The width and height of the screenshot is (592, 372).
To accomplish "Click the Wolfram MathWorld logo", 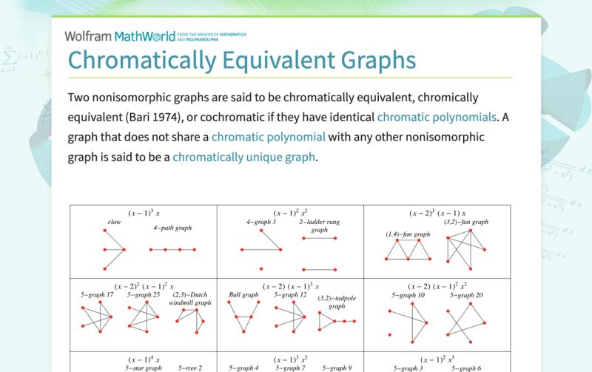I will [x=120, y=35].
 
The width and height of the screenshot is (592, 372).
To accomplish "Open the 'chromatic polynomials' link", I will [x=437, y=117].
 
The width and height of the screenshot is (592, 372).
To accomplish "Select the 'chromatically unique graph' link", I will [x=244, y=157].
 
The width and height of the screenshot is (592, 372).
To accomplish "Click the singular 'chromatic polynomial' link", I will [x=268, y=137].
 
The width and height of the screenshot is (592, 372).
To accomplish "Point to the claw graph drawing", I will [x=112, y=249].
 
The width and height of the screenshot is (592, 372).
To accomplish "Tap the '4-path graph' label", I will [x=173, y=229].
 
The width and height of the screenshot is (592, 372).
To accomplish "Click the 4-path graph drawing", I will [x=173, y=250].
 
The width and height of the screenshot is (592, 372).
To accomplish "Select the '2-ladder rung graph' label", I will [x=319, y=226].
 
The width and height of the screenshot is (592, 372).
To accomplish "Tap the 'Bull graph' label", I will [x=243, y=294].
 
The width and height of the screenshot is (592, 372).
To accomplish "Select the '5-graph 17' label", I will [x=97, y=294].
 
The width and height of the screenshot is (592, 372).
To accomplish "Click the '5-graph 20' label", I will [x=466, y=295].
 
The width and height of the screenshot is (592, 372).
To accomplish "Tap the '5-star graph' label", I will [x=144, y=368].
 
